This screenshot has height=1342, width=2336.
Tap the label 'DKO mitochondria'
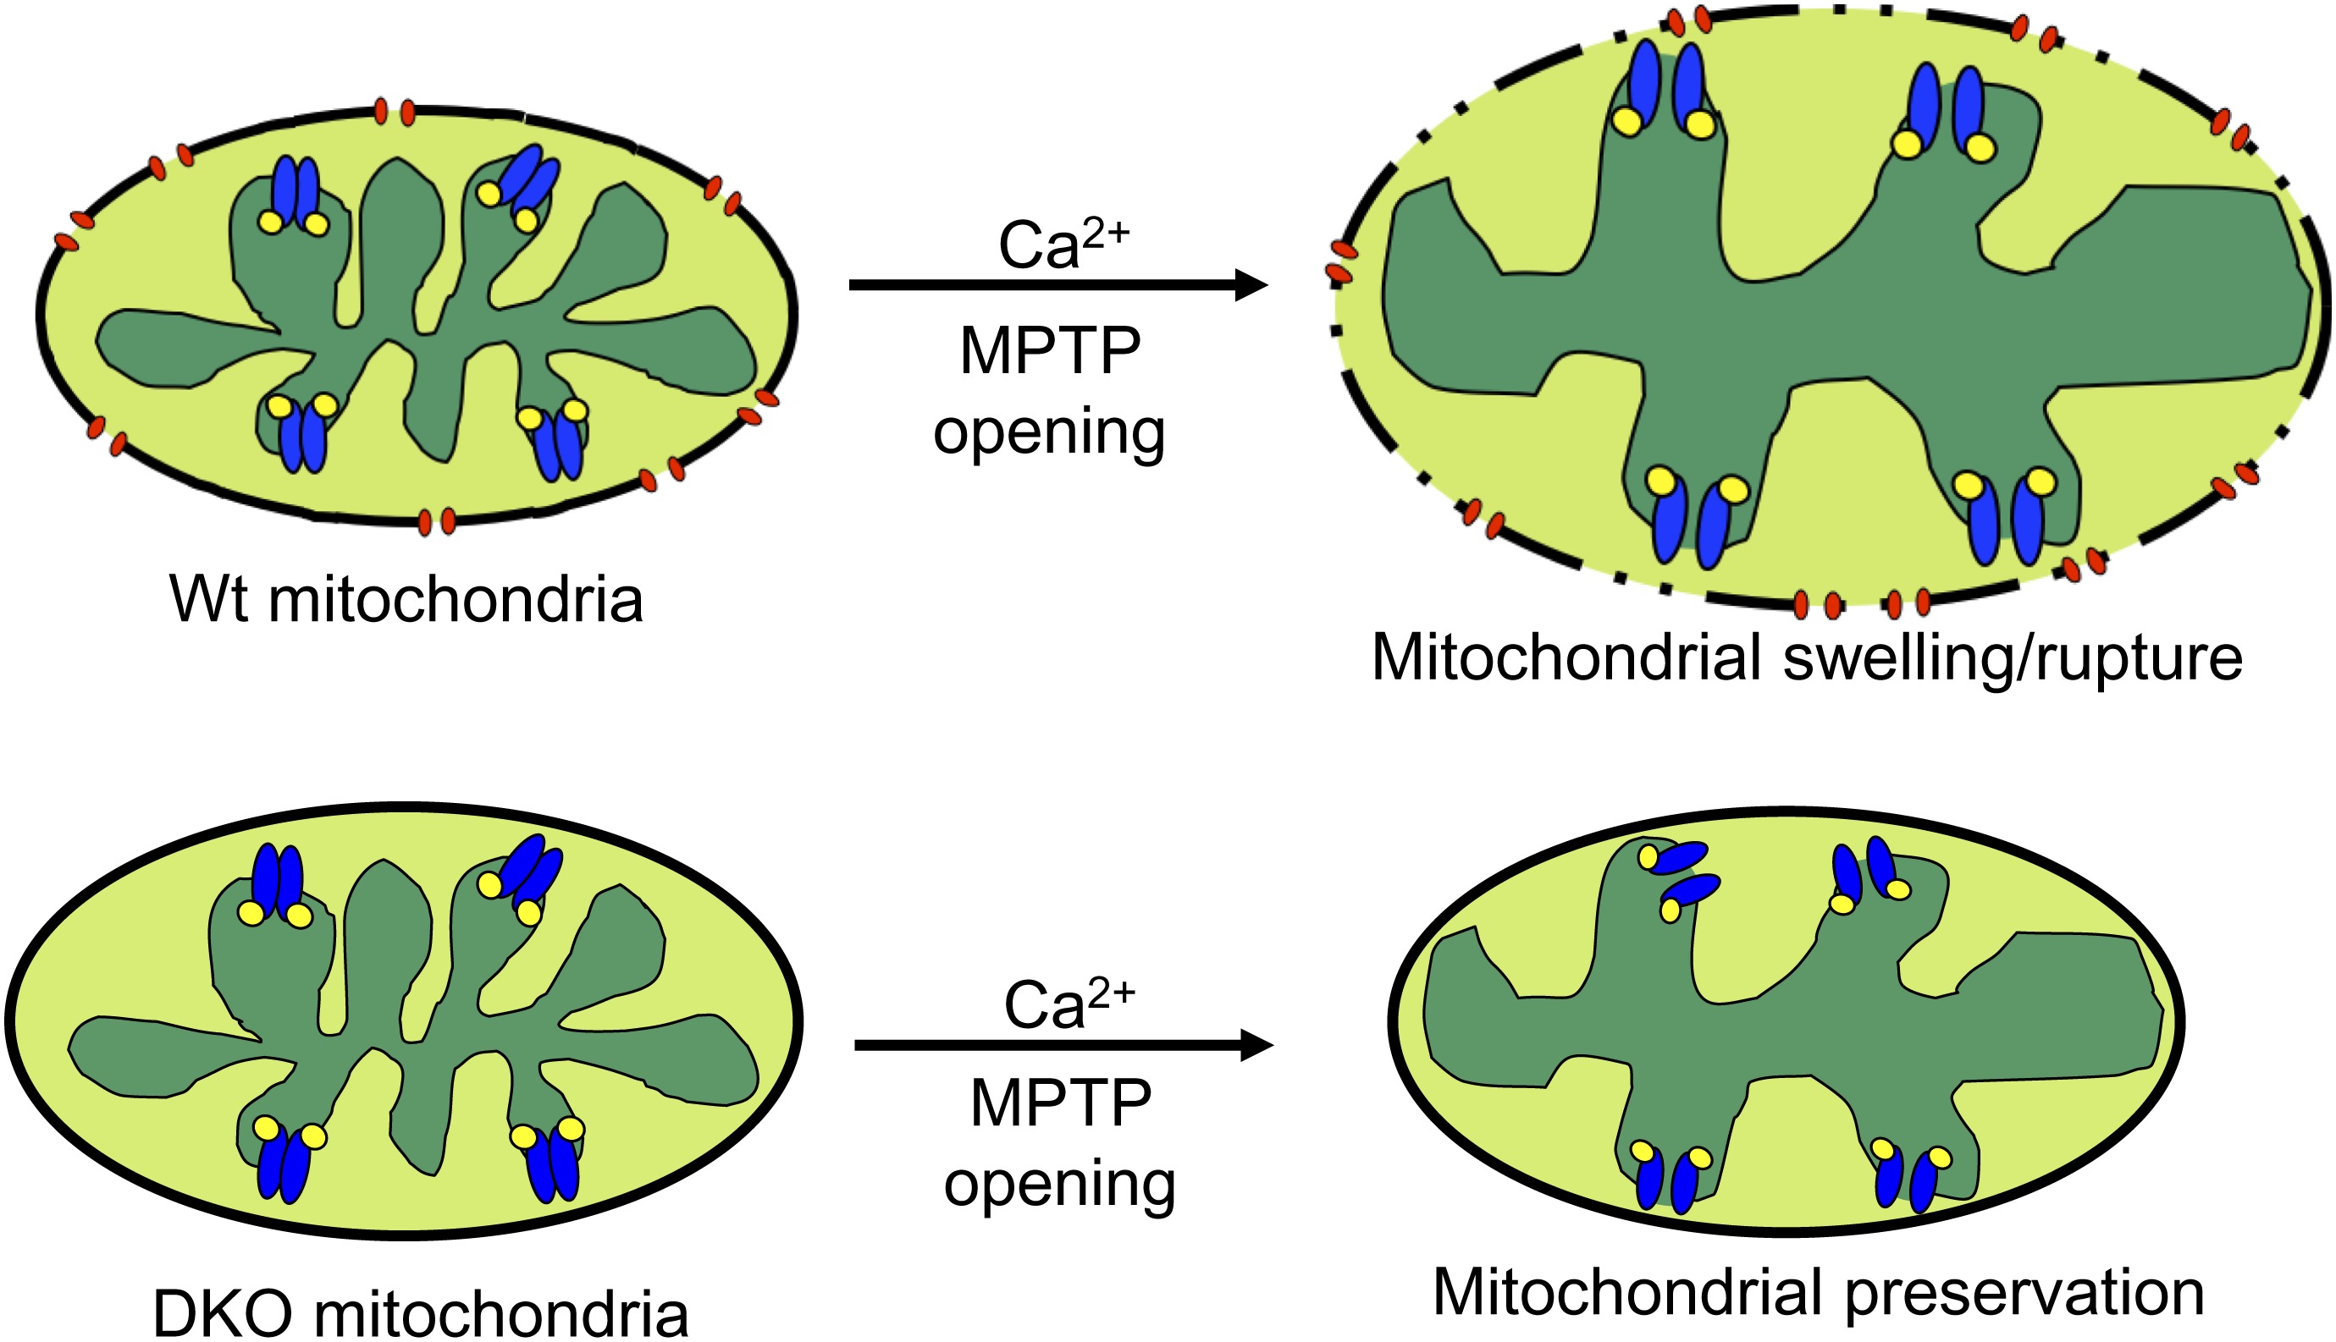[421, 1313]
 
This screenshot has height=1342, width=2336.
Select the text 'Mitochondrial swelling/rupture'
[1807, 659]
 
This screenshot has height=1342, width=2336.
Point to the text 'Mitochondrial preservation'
[1818, 1293]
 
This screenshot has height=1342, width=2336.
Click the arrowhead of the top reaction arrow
[1251, 286]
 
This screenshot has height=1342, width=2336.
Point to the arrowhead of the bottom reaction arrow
[1257, 1045]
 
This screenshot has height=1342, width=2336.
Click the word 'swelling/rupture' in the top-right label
[2013, 659]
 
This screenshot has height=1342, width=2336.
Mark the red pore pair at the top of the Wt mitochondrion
[394, 113]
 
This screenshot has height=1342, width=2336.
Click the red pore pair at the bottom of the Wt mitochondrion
[436, 522]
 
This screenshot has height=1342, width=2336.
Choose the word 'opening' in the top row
[1050, 432]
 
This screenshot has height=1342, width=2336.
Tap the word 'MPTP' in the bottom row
[1061, 1103]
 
